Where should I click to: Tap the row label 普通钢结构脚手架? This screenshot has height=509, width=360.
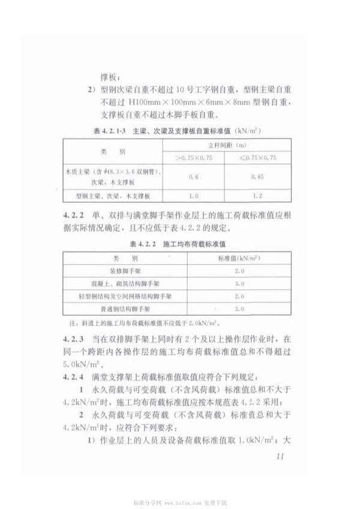[x=126, y=309]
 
